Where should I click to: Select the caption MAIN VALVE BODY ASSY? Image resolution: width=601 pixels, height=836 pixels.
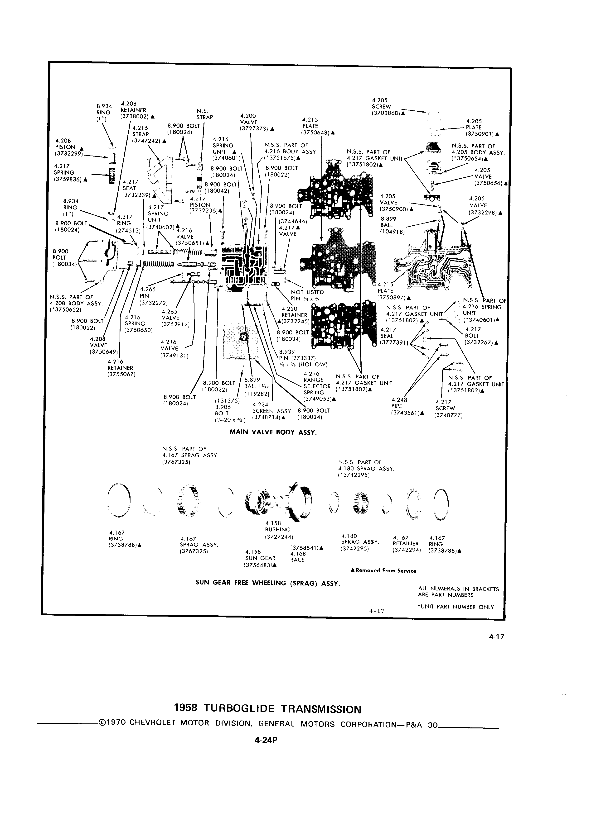coord(273,432)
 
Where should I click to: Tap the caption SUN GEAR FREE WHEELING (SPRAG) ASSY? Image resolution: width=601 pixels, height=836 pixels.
coord(267,583)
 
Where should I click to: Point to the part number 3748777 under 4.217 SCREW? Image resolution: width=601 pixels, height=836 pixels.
coord(449,415)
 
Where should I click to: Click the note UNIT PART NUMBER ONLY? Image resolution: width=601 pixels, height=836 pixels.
coord(456,607)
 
